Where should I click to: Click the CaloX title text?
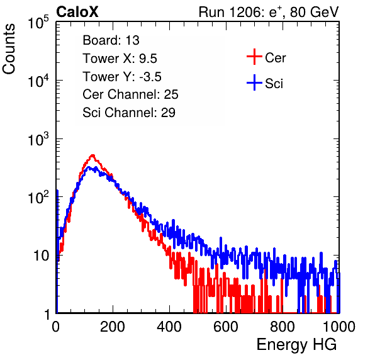tap(77, 12)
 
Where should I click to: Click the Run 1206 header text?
tap(269, 12)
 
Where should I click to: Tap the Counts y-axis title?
tap(9, 49)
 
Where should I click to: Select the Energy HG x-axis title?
tap(296, 345)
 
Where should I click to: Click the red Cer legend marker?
tap(254, 57)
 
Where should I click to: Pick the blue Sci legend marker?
tap(254, 83)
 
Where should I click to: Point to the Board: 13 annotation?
tap(111, 40)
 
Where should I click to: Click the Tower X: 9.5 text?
tap(120, 59)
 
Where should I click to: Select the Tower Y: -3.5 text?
tap(122, 77)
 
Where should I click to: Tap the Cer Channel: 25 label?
tap(130, 94)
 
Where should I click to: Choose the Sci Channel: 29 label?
tap(129, 113)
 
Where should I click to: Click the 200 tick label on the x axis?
tap(113, 327)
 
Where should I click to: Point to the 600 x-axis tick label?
tap(226, 327)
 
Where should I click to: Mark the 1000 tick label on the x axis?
tap(339, 327)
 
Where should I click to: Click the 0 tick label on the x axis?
tap(56, 327)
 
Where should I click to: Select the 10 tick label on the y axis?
tap(41, 256)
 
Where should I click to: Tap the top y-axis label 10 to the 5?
tap(38, 23)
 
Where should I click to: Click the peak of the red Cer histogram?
tap(92, 155)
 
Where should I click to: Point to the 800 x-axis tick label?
tap(283, 327)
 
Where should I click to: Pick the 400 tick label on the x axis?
tap(169, 327)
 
